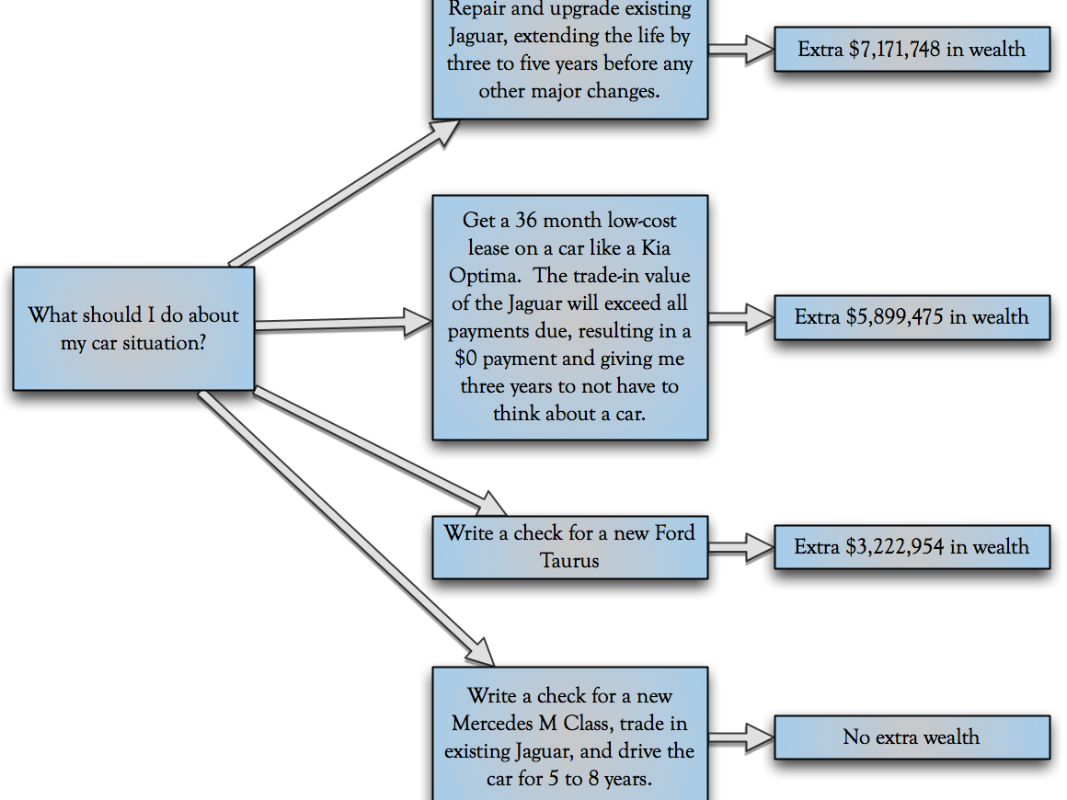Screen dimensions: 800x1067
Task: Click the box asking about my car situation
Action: [x=133, y=328]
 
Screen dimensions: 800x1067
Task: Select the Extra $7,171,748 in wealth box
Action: [x=912, y=50]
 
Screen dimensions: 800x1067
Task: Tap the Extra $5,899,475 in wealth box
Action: [x=912, y=317]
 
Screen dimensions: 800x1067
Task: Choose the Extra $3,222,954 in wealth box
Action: [x=912, y=547]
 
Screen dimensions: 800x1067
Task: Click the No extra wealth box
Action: [x=912, y=737]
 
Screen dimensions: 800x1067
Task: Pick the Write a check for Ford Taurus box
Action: [x=569, y=546]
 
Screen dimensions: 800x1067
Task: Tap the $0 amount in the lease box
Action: [x=477, y=359]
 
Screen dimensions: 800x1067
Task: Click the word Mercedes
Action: [x=498, y=724]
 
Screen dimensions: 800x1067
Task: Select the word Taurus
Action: [x=569, y=561]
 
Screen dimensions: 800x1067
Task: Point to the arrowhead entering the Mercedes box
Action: [x=481, y=650]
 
